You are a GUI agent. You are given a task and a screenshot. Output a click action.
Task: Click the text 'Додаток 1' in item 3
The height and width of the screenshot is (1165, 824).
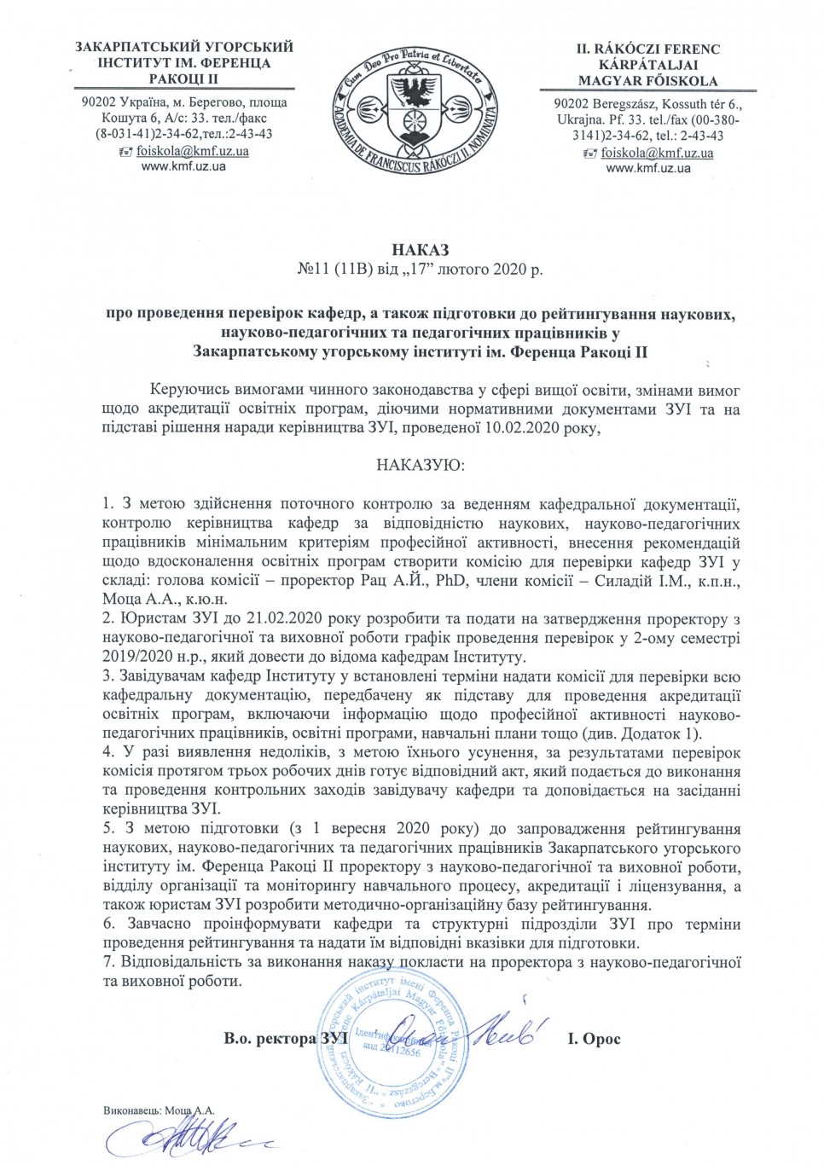664,733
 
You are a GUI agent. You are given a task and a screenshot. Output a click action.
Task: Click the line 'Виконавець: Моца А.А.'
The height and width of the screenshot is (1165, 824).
159,1110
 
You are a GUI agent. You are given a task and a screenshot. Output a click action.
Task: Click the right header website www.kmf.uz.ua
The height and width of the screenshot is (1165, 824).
648,169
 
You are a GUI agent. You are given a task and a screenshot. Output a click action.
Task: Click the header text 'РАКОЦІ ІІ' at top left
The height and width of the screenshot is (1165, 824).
184,78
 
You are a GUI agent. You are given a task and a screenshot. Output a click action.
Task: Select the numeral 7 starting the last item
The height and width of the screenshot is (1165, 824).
107,962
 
